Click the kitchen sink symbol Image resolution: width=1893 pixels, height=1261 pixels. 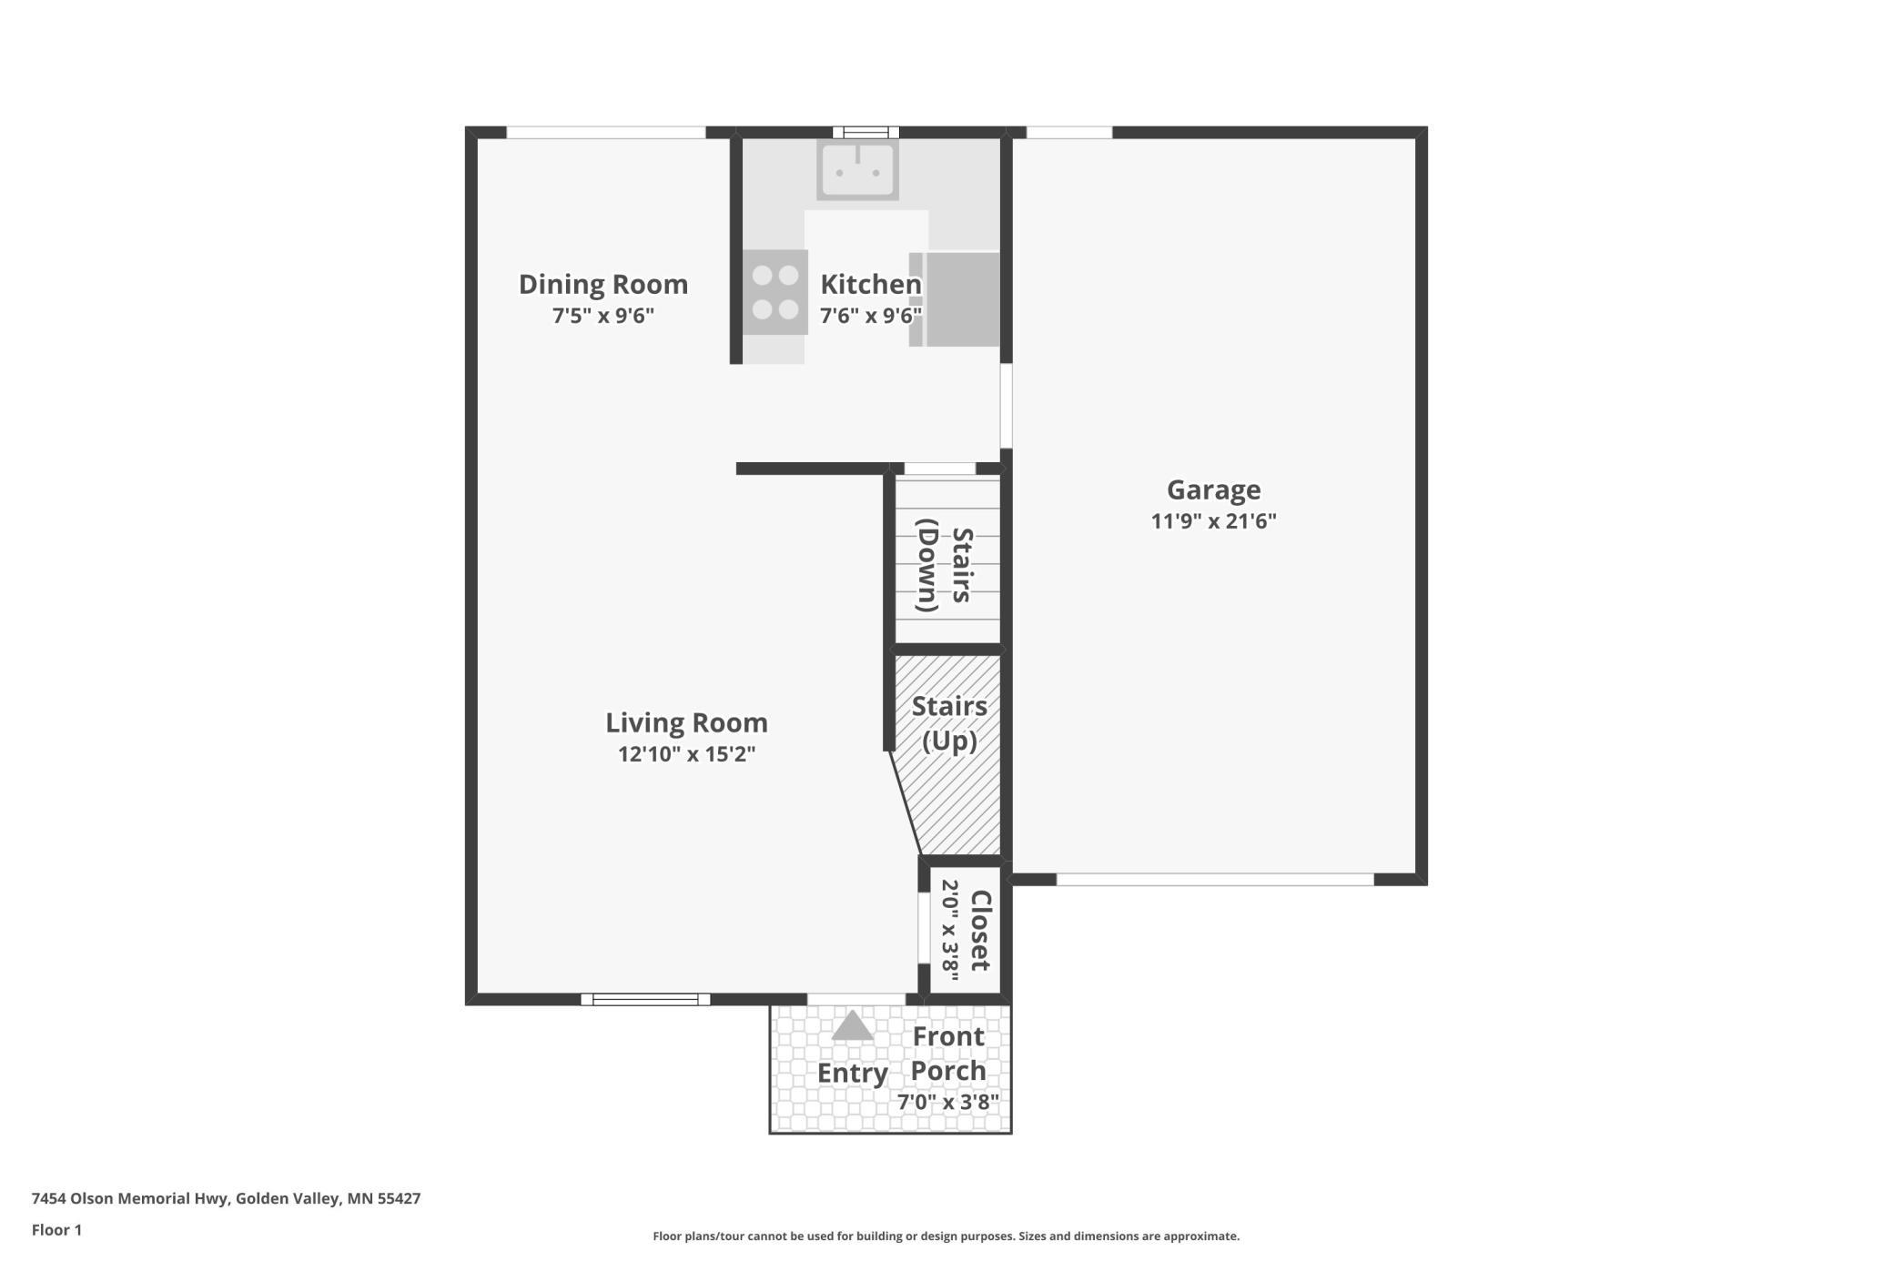(x=857, y=169)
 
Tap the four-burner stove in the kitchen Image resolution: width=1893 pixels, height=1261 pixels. (x=774, y=292)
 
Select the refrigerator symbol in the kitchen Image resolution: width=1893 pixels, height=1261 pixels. (x=955, y=299)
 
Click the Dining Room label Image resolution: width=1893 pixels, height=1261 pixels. (x=603, y=284)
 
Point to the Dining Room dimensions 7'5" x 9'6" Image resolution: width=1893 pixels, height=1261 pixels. (x=603, y=316)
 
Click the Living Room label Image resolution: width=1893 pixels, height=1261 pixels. (x=687, y=722)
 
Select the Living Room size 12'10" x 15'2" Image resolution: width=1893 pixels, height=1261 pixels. (x=687, y=754)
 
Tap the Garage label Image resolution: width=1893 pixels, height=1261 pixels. (x=1214, y=489)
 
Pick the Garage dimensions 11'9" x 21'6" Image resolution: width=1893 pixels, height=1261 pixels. (x=1214, y=521)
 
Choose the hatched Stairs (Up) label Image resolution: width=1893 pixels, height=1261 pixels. (x=949, y=723)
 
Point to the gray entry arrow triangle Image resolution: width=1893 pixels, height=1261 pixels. (x=853, y=1026)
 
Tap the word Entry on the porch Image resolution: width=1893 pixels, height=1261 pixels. (x=853, y=1074)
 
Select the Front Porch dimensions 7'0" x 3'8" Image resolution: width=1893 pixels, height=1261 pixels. (x=948, y=1103)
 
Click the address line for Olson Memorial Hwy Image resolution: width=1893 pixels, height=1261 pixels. (x=227, y=1198)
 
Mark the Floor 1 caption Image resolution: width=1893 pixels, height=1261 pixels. (x=56, y=1230)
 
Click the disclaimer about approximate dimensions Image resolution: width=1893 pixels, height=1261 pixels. (x=946, y=1236)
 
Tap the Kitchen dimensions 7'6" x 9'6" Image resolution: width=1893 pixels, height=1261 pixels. (x=871, y=316)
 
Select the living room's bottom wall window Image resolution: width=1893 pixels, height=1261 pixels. (x=645, y=999)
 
